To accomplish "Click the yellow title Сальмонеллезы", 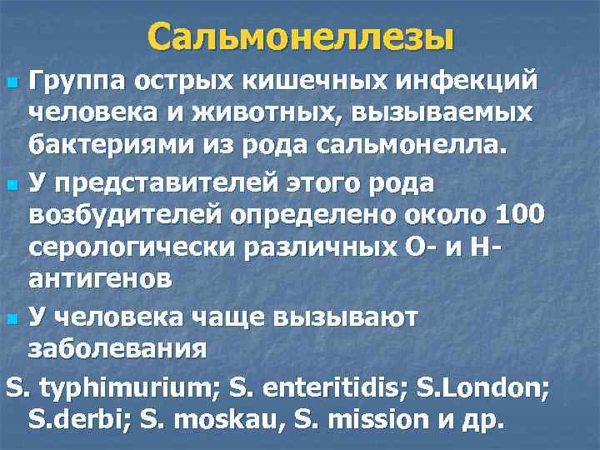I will point(301,37).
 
